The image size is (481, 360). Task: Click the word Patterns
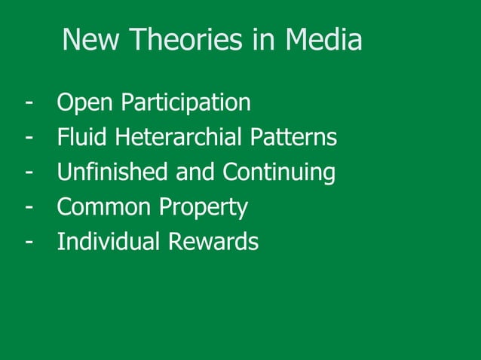tap(293, 138)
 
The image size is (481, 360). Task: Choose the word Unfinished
tap(113, 172)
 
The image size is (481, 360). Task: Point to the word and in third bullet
tap(196, 172)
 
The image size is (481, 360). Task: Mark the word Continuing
tap(279, 172)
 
